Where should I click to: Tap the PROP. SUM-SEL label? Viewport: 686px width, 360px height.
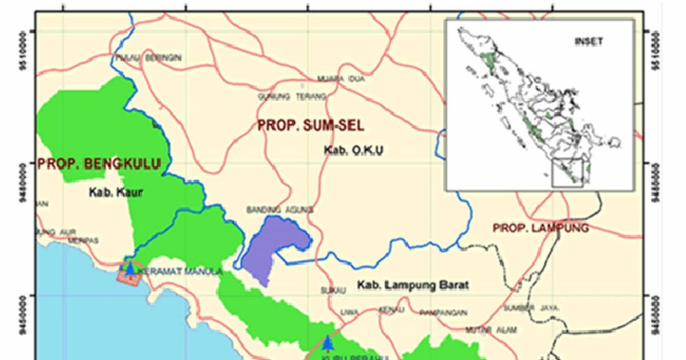click(x=310, y=125)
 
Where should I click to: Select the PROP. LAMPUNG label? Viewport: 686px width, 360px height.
click(x=540, y=228)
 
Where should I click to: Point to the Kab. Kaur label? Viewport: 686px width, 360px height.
click(x=115, y=193)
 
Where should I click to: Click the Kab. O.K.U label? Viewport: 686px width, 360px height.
click(x=353, y=150)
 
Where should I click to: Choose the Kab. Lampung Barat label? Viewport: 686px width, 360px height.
click(x=413, y=285)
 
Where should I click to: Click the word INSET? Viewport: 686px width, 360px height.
click(x=588, y=42)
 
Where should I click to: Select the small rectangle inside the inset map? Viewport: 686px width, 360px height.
click(x=567, y=173)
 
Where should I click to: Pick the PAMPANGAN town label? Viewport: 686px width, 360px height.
click(x=443, y=313)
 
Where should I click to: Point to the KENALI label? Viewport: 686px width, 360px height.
click(x=392, y=310)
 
